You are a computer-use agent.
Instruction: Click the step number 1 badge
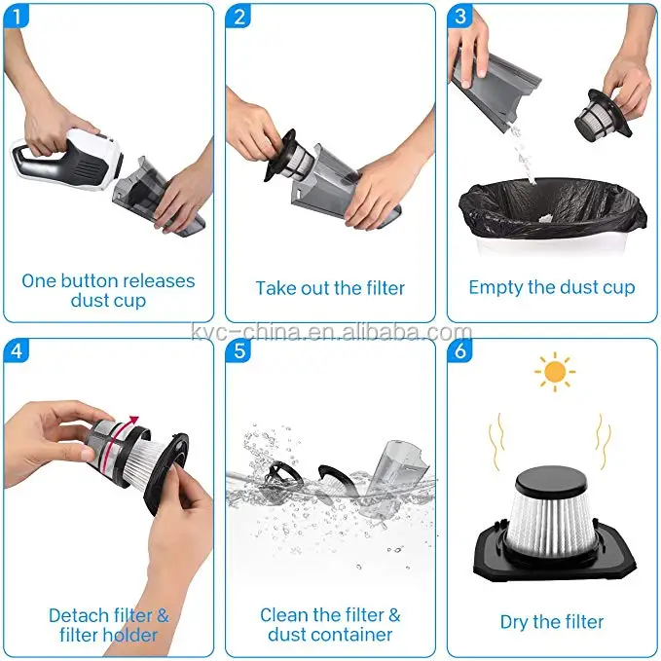[16, 17]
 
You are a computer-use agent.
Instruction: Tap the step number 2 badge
[239, 17]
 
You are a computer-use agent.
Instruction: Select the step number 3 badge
[459, 17]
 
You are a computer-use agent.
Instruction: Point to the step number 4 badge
[16, 350]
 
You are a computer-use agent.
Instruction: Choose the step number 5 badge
[239, 350]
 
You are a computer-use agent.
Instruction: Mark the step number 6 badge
[459, 350]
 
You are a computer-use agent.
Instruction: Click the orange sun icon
[555, 372]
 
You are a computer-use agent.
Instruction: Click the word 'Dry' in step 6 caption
[514, 623]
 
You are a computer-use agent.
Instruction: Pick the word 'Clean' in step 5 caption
[284, 615]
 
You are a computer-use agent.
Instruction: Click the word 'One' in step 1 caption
[39, 281]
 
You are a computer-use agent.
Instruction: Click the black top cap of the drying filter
[552, 482]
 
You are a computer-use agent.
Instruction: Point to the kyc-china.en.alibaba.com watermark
[332, 332]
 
